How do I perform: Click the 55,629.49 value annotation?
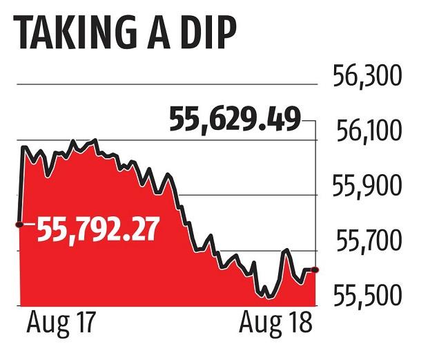(x=234, y=122)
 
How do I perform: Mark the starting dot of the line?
(x=19, y=225)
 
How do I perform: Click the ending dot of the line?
(x=316, y=269)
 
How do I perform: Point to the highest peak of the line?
(x=94, y=140)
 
